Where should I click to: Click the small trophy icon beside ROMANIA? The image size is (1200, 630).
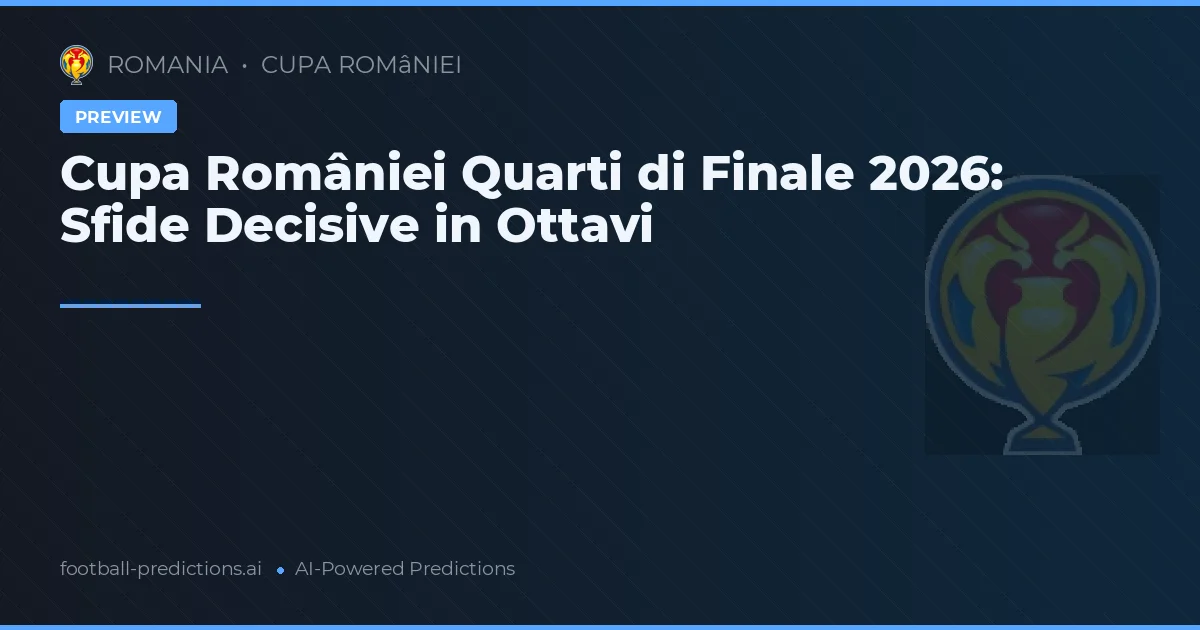[x=76, y=65]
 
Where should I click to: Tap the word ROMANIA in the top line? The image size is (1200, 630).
[x=167, y=65]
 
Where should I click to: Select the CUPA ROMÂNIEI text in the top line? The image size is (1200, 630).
[x=361, y=65]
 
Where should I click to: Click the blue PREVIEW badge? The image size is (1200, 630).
[x=118, y=117]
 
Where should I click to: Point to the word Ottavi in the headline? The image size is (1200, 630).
[x=574, y=226]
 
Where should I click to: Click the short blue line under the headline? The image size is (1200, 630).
[x=130, y=306]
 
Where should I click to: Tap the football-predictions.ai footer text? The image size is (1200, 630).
[x=161, y=569]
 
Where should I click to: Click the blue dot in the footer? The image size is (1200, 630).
[x=280, y=570]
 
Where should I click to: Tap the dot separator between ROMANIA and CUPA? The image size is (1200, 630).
[x=244, y=66]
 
